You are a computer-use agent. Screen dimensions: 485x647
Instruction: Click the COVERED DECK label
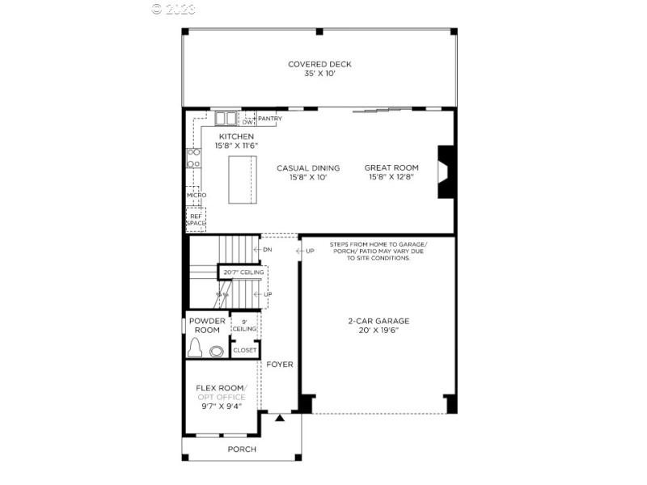(319, 64)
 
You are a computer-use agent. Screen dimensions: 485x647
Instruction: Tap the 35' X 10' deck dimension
(319, 74)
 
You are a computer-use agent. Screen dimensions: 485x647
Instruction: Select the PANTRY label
(269, 119)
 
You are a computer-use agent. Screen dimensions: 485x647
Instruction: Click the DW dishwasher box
(248, 122)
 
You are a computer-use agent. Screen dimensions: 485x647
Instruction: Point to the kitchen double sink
(225, 118)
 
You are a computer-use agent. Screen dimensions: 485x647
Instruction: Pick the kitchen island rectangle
(242, 180)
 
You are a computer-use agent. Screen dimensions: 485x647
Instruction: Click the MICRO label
(197, 195)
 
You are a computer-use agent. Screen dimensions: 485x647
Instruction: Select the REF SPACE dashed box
(197, 218)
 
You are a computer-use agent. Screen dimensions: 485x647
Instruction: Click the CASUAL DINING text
(308, 168)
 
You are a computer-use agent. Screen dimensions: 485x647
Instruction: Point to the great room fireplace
(445, 171)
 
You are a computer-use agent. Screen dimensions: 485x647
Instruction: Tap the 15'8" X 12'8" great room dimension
(391, 177)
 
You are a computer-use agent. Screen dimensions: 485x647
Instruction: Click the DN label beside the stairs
(267, 250)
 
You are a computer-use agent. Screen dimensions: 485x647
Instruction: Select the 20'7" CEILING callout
(243, 272)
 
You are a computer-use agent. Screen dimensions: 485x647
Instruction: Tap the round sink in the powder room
(217, 351)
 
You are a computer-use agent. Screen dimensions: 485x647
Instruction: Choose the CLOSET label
(244, 350)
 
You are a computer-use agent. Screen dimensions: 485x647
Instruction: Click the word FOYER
(280, 365)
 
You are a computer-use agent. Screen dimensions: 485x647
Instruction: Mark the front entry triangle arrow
(280, 418)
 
